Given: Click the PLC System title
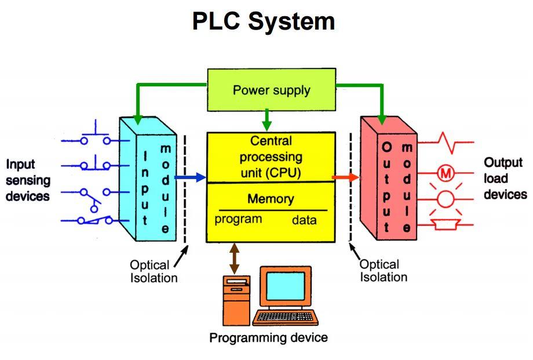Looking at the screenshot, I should pyautogui.click(x=264, y=22).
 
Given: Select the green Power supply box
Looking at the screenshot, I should pyautogui.click(x=271, y=90).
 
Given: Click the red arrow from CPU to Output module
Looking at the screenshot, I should pyautogui.click(x=345, y=177).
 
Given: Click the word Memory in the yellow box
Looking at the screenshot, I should pyautogui.click(x=271, y=199).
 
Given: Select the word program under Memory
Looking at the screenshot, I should pyautogui.click(x=238, y=219).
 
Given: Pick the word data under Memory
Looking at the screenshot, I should pyautogui.click(x=304, y=220).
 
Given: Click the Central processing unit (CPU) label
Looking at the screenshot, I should pyautogui.click(x=271, y=157).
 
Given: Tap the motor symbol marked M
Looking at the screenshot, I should pyautogui.click(x=446, y=172).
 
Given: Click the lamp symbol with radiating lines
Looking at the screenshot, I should pyautogui.click(x=446, y=199).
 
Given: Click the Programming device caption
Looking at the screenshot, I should pyautogui.click(x=268, y=337).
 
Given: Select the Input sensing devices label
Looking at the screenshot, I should pyautogui.click(x=28, y=180).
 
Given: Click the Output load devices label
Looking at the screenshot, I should pyautogui.click(x=505, y=179).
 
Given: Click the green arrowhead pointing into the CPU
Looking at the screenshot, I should pyautogui.click(x=266, y=126).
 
